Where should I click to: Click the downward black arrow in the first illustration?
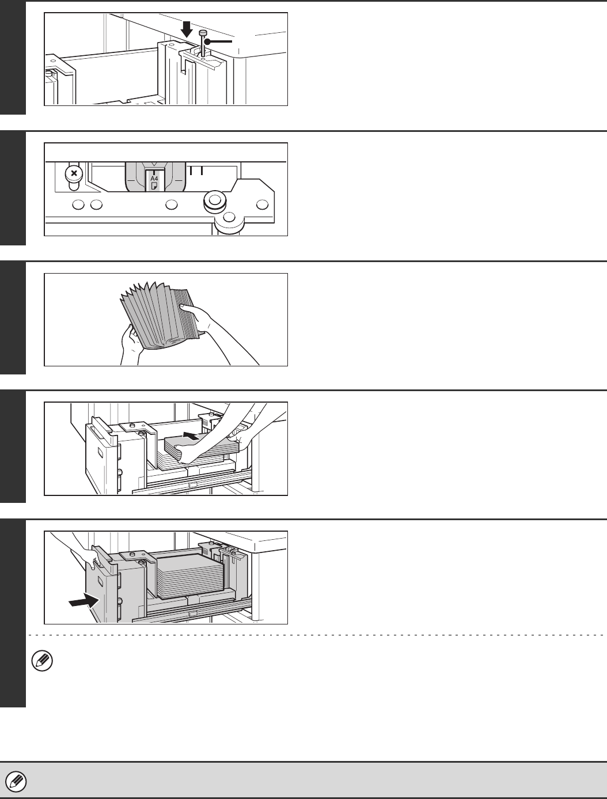(x=187, y=29)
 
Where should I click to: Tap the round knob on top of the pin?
(x=203, y=33)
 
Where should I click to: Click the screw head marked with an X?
(x=74, y=173)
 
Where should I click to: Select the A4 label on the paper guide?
(x=154, y=179)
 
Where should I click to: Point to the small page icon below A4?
(x=155, y=185)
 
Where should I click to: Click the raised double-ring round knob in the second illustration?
(x=215, y=200)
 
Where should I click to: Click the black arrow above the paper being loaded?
(x=191, y=436)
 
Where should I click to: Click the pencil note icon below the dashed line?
(x=42, y=661)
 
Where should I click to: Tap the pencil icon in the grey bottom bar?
(x=16, y=781)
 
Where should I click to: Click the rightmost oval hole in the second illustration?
(x=262, y=205)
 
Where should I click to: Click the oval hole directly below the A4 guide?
(x=172, y=205)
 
